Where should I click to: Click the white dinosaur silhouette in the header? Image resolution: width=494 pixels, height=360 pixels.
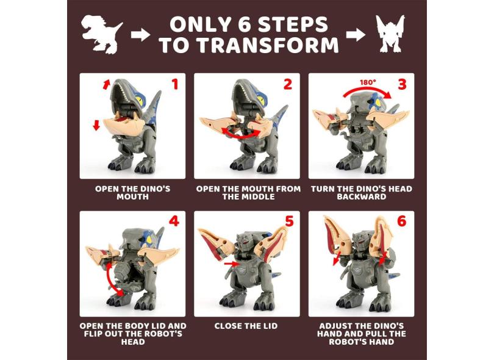pyautogui.click(x=101, y=34)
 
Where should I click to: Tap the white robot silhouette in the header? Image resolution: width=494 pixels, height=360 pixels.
pyautogui.click(x=390, y=34)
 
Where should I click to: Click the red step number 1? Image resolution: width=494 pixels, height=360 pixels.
pyautogui.click(x=174, y=84)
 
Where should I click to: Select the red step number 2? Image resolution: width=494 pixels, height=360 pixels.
pyautogui.click(x=288, y=84)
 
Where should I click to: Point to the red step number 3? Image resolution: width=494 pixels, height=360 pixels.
pyautogui.click(x=402, y=84)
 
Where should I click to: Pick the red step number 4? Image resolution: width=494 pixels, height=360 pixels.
pyautogui.click(x=174, y=221)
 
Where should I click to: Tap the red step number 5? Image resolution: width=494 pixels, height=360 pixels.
pyautogui.click(x=289, y=221)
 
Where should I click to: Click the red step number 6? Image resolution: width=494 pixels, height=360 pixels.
pyautogui.click(x=402, y=221)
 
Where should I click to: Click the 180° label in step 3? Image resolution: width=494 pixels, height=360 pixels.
pyautogui.click(x=368, y=82)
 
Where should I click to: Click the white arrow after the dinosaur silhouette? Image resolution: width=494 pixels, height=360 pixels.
pyautogui.click(x=140, y=35)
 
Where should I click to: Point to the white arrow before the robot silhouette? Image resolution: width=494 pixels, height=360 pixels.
pyautogui.click(x=356, y=35)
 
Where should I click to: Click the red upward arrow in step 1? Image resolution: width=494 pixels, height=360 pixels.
pyautogui.click(x=107, y=84)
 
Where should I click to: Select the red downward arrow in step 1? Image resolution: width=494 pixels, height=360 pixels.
pyautogui.click(x=96, y=126)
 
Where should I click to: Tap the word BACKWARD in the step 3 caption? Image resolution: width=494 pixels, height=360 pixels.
pyautogui.click(x=362, y=196)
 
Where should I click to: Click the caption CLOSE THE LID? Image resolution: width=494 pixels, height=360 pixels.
pyautogui.click(x=246, y=326)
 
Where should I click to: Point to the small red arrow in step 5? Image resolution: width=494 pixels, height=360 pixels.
pyautogui.click(x=230, y=263)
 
